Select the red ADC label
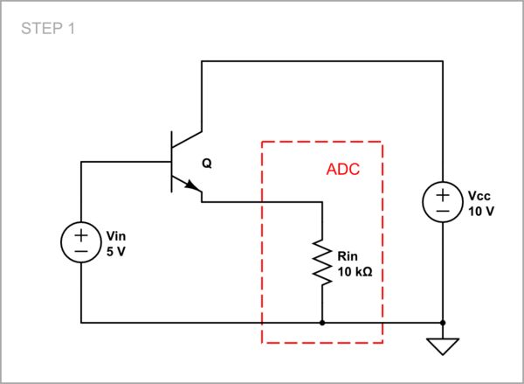[x=343, y=169]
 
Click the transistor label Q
[x=206, y=164]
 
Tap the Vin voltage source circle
[x=80, y=242]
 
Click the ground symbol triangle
[x=443, y=347]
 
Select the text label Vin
[x=116, y=235]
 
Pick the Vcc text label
[x=479, y=196]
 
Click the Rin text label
[x=346, y=257]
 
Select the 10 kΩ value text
[x=355, y=271]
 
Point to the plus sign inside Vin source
[x=80, y=234]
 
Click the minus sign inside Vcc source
[x=443, y=211]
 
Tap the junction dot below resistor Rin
[x=322, y=323]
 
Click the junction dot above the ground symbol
[x=443, y=323]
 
